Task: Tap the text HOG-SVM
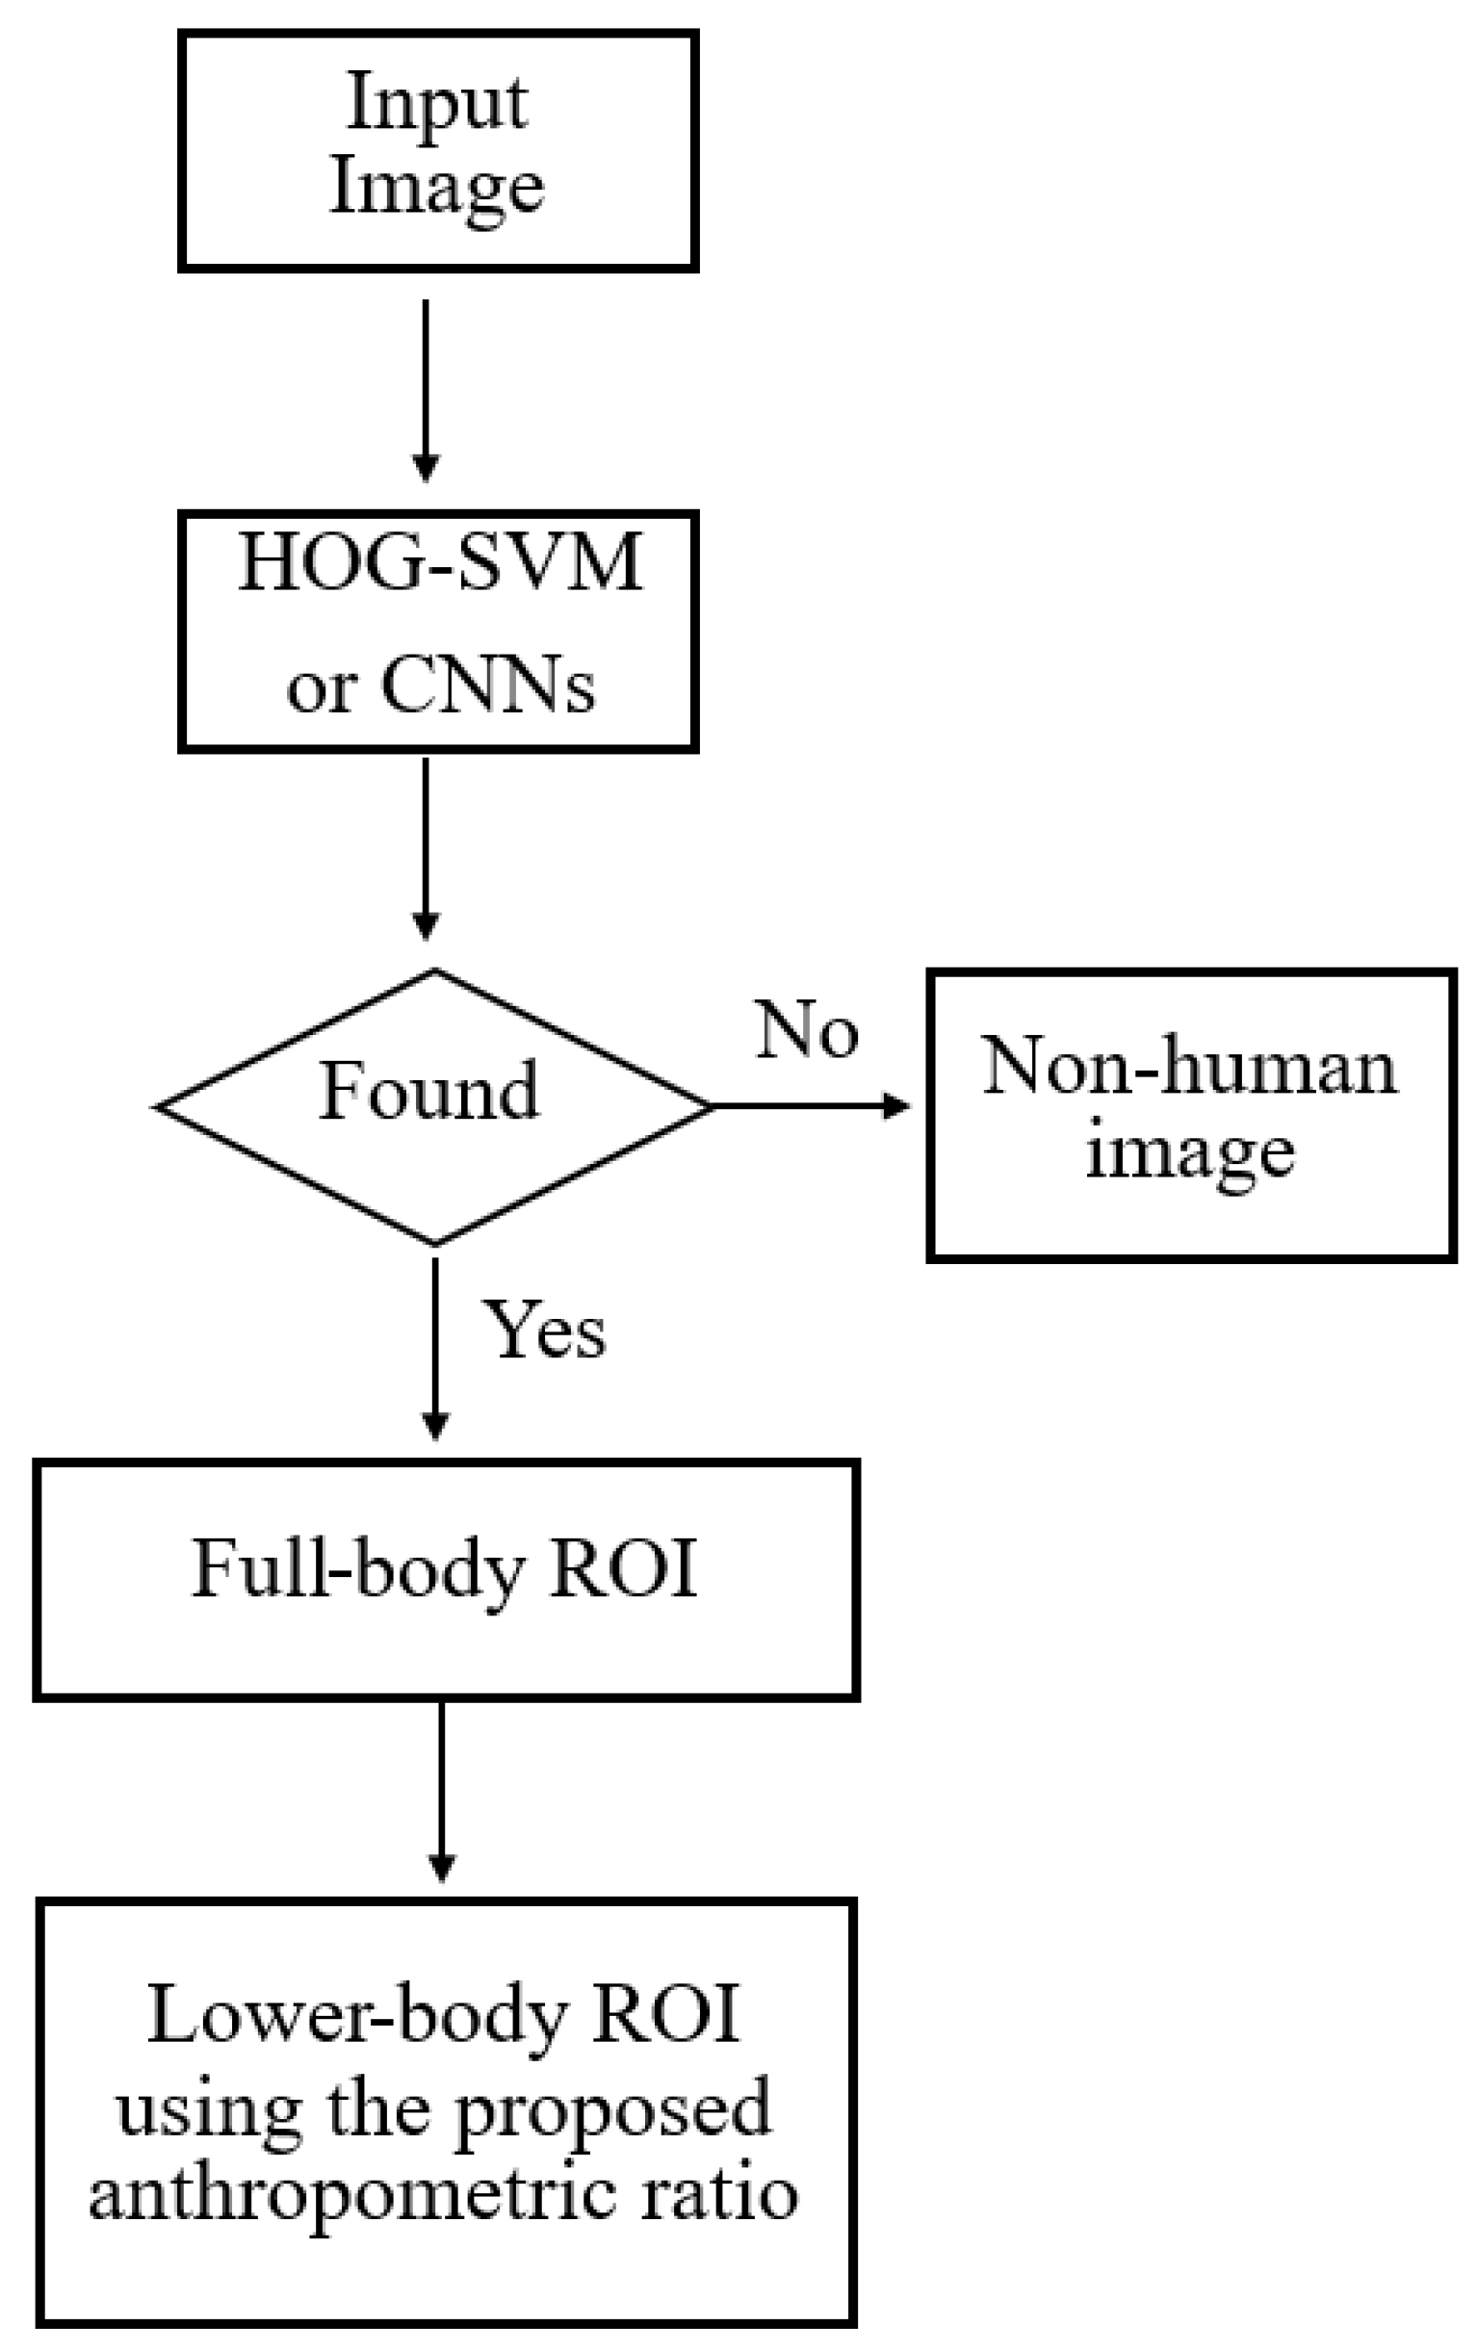click(x=441, y=563)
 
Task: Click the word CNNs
click(x=487, y=686)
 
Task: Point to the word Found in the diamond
click(x=428, y=1092)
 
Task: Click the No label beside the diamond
click(x=807, y=1029)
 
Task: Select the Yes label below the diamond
click(x=545, y=1331)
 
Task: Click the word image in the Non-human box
click(x=1190, y=1152)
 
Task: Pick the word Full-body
click(x=356, y=1568)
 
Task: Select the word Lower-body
click(x=356, y=2015)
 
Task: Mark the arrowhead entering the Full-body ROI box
click(x=434, y=1427)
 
